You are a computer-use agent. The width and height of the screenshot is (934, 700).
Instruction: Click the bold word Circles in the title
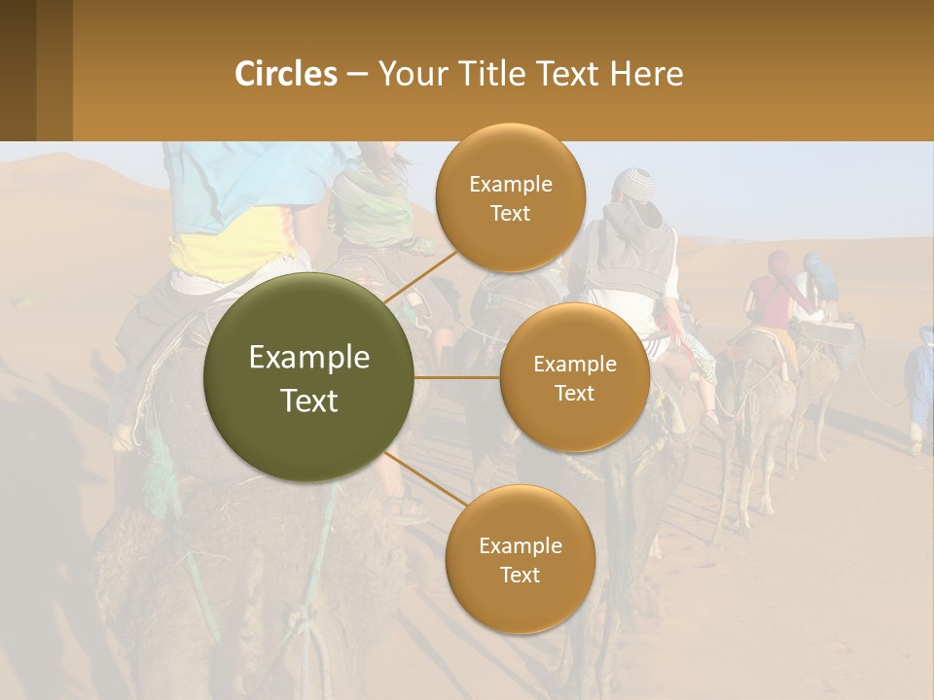(x=286, y=74)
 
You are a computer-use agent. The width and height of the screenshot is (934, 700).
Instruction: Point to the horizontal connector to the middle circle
(x=456, y=376)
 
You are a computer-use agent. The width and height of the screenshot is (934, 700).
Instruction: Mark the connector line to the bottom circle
(x=420, y=481)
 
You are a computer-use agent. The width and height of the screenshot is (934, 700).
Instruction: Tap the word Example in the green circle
(x=309, y=358)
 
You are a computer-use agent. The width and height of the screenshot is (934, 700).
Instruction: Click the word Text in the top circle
(x=510, y=214)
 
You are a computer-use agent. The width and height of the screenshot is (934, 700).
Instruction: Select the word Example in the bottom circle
(x=520, y=546)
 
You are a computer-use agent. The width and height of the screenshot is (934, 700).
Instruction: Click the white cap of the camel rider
(x=639, y=181)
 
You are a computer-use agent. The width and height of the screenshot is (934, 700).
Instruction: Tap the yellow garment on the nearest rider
(x=233, y=255)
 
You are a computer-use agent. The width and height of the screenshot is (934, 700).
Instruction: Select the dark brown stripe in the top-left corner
(x=18, y=70)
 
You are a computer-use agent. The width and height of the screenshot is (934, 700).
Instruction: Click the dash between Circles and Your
(x=357, y=75)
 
